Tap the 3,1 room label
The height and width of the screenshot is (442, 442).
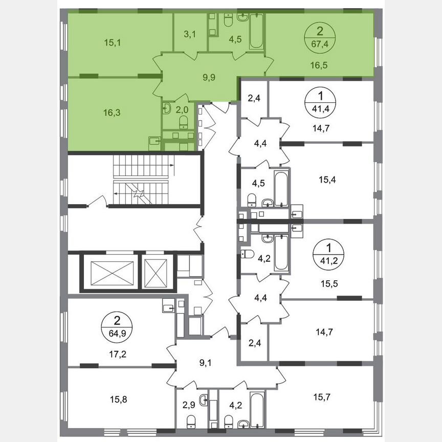click(190, 34)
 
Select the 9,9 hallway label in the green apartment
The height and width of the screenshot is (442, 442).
click(209, 78)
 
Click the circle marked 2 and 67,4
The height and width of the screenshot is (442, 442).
click(320, 36)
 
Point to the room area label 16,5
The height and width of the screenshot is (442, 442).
click(320, 65)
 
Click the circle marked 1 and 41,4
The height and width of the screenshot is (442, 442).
click(320, 100)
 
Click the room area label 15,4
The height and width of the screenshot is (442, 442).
click(330, 180)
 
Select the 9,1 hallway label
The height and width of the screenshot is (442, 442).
click(206, 364)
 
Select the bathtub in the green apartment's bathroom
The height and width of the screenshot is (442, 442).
click(255, 32)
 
